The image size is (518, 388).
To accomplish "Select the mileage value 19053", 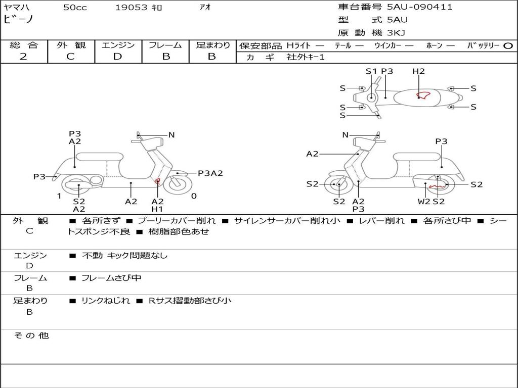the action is pyautogui.click(x=131, y=8).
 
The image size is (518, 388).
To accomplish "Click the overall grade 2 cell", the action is pyautogui.click(x=23, y=57).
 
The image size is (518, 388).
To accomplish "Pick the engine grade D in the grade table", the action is pyautogui.click(x=117, y=57).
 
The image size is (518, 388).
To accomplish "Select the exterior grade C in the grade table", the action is pyautogui.click(x=70, y=57).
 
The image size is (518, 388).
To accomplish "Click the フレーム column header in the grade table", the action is pyautogui.click(x=165, y=45).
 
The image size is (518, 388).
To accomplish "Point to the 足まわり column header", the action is pyautogui.click(x=212, y=45).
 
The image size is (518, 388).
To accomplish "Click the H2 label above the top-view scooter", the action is pyautogui.click(x=418, y=71).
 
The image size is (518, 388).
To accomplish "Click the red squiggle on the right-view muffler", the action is pyautogui.click(x=437, y=186).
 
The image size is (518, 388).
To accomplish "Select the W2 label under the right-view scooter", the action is pyautogui.click(x=424, y=202).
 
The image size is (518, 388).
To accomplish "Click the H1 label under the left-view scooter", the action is pyautogui.click(x=157, y=209).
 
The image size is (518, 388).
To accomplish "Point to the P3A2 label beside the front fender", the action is pyautogui.click(x=210, y=173).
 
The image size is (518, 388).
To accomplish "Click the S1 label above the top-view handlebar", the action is pyautogui.click(x=371, y=71).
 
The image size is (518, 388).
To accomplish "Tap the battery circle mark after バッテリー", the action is pyautogui.click(x=508, y=45).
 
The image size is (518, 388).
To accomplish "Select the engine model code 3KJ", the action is pyautogui.click(x=396, y=33).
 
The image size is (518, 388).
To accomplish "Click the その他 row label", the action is pyautogui.click(x=31, y=335).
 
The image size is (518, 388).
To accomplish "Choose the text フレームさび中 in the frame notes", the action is pyautogui.click(x=111, y=278).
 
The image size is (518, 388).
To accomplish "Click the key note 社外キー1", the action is pyautogui.click(x=306, y=57).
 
